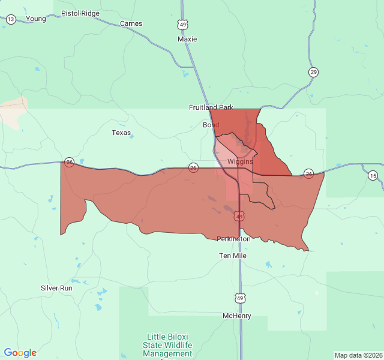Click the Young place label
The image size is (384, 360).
36,19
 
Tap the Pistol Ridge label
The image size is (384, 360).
80,13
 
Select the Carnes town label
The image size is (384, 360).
131,23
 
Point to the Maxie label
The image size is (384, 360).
187,39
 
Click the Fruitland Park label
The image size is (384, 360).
211,107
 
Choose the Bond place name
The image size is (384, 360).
211,125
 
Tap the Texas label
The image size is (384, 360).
121,133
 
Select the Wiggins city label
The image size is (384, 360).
240,161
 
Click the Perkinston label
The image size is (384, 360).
233,239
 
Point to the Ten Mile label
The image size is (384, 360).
233,256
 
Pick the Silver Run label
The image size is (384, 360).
56,288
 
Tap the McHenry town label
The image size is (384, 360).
237,316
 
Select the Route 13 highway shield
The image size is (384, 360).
11,20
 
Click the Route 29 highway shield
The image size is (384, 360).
313,72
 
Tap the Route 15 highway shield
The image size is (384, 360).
373,175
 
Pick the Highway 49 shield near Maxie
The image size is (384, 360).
182,24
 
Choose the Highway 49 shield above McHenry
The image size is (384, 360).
240,298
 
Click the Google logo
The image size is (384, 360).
20,353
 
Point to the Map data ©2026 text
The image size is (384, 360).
358,355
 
